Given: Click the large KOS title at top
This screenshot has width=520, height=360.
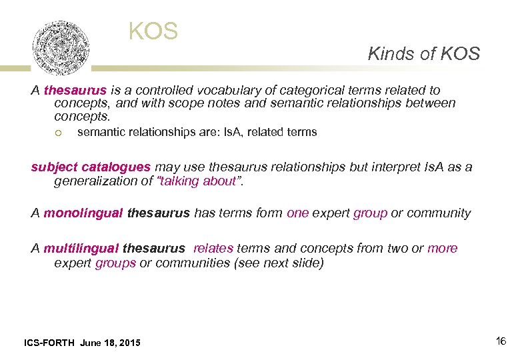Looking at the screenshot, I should click(x=153, y=31).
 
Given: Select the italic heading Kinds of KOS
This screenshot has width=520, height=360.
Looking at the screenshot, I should click(x=423, y=54).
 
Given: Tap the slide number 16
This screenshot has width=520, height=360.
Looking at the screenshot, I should click(x=501, y=341).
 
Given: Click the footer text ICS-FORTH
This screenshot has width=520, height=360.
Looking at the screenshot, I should click(x=49, y=343).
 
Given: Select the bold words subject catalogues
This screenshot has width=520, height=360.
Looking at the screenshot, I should click(x=91, y=167).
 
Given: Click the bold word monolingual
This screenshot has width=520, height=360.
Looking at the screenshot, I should click(x=83, y=213).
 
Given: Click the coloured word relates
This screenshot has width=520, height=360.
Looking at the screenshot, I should click(x=213, y=249).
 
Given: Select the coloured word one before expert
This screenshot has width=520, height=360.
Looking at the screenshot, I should click(x=297, y=213).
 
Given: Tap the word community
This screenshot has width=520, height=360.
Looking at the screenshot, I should click(x=441, y=213).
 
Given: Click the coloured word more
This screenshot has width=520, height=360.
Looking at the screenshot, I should click(x=442, y=249).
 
